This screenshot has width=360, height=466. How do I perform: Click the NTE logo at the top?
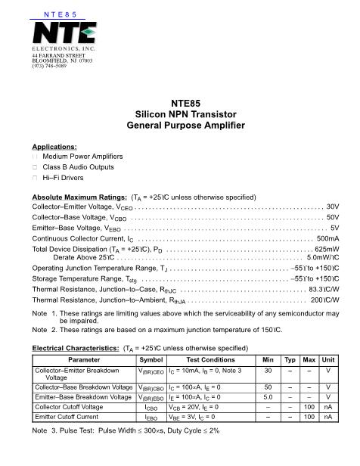click(64, 34)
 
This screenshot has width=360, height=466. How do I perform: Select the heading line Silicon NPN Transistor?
click(179, 114)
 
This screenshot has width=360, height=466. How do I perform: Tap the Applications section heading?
click(54, 146)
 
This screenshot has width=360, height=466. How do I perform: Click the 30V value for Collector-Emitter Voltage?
click(333, 207)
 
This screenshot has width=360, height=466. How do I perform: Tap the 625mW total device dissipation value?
click(327, 249)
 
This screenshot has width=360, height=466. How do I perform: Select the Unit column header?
click(327, 360)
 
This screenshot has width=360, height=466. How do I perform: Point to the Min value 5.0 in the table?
click(267, 396)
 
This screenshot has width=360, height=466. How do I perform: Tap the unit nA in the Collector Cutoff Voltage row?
click(327, 405)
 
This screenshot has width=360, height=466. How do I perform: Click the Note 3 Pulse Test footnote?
click(126, 430)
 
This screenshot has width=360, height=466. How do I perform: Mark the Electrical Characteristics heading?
click(79, 348)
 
